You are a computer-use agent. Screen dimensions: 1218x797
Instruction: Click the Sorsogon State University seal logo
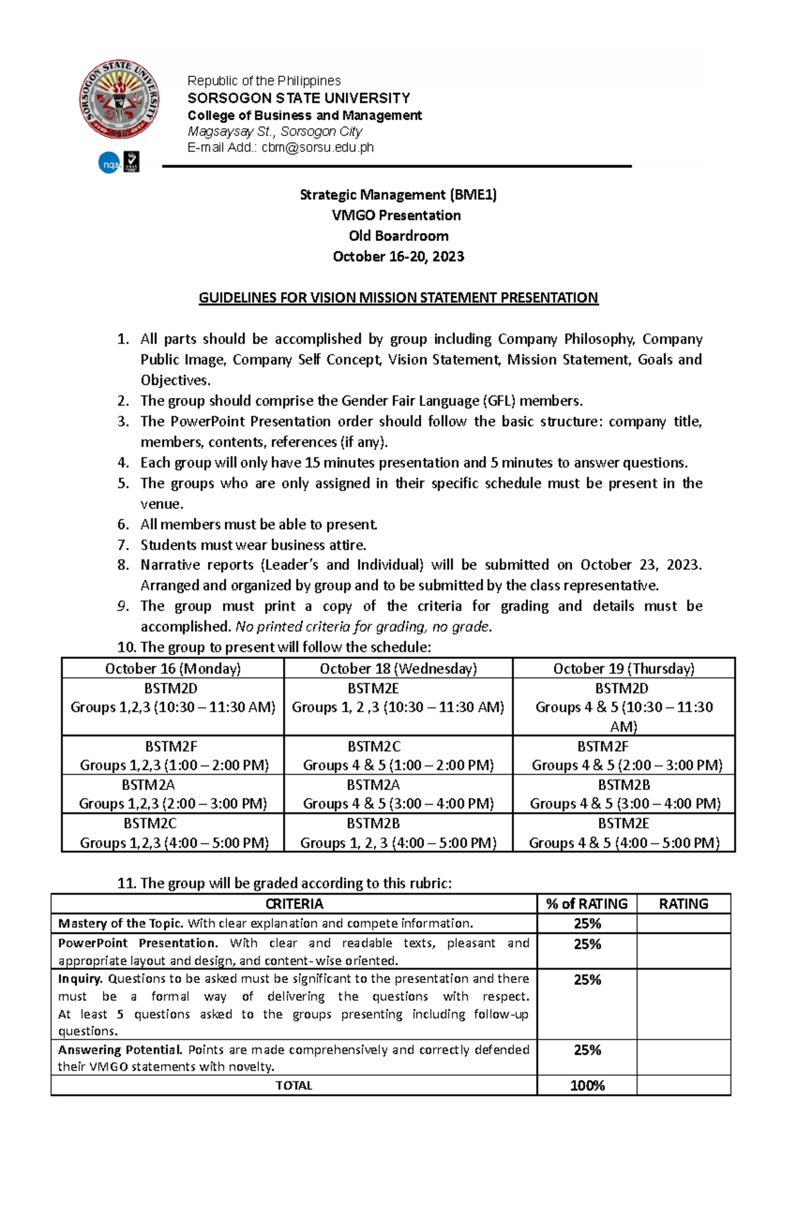120,100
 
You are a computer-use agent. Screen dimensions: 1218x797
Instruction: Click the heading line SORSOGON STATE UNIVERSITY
299,98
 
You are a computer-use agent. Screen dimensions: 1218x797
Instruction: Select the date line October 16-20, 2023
398,257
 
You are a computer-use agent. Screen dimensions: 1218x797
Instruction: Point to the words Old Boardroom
398,236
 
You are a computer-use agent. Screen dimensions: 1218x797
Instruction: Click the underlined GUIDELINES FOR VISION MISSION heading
398,298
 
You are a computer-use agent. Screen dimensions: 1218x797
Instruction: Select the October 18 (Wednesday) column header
398,668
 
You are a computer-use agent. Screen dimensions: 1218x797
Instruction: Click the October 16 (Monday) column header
173,668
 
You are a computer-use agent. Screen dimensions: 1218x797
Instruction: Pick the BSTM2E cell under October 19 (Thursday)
624,833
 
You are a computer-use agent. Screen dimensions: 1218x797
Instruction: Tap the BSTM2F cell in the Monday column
173,755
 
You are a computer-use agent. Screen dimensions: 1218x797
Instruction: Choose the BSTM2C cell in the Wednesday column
398,755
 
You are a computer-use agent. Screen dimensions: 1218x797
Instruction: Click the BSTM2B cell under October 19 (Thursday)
624,795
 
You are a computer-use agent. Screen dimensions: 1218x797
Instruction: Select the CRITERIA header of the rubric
294,904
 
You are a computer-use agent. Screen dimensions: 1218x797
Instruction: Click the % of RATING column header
586,904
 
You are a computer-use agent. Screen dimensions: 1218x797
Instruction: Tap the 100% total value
586,1086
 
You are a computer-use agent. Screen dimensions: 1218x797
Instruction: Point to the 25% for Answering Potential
586,1050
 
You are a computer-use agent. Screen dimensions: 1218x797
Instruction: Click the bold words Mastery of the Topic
120,923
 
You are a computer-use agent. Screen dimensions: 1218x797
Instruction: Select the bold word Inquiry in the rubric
80,978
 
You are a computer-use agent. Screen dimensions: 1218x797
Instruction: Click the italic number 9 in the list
122,606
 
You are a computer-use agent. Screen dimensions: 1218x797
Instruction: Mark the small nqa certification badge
109,163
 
